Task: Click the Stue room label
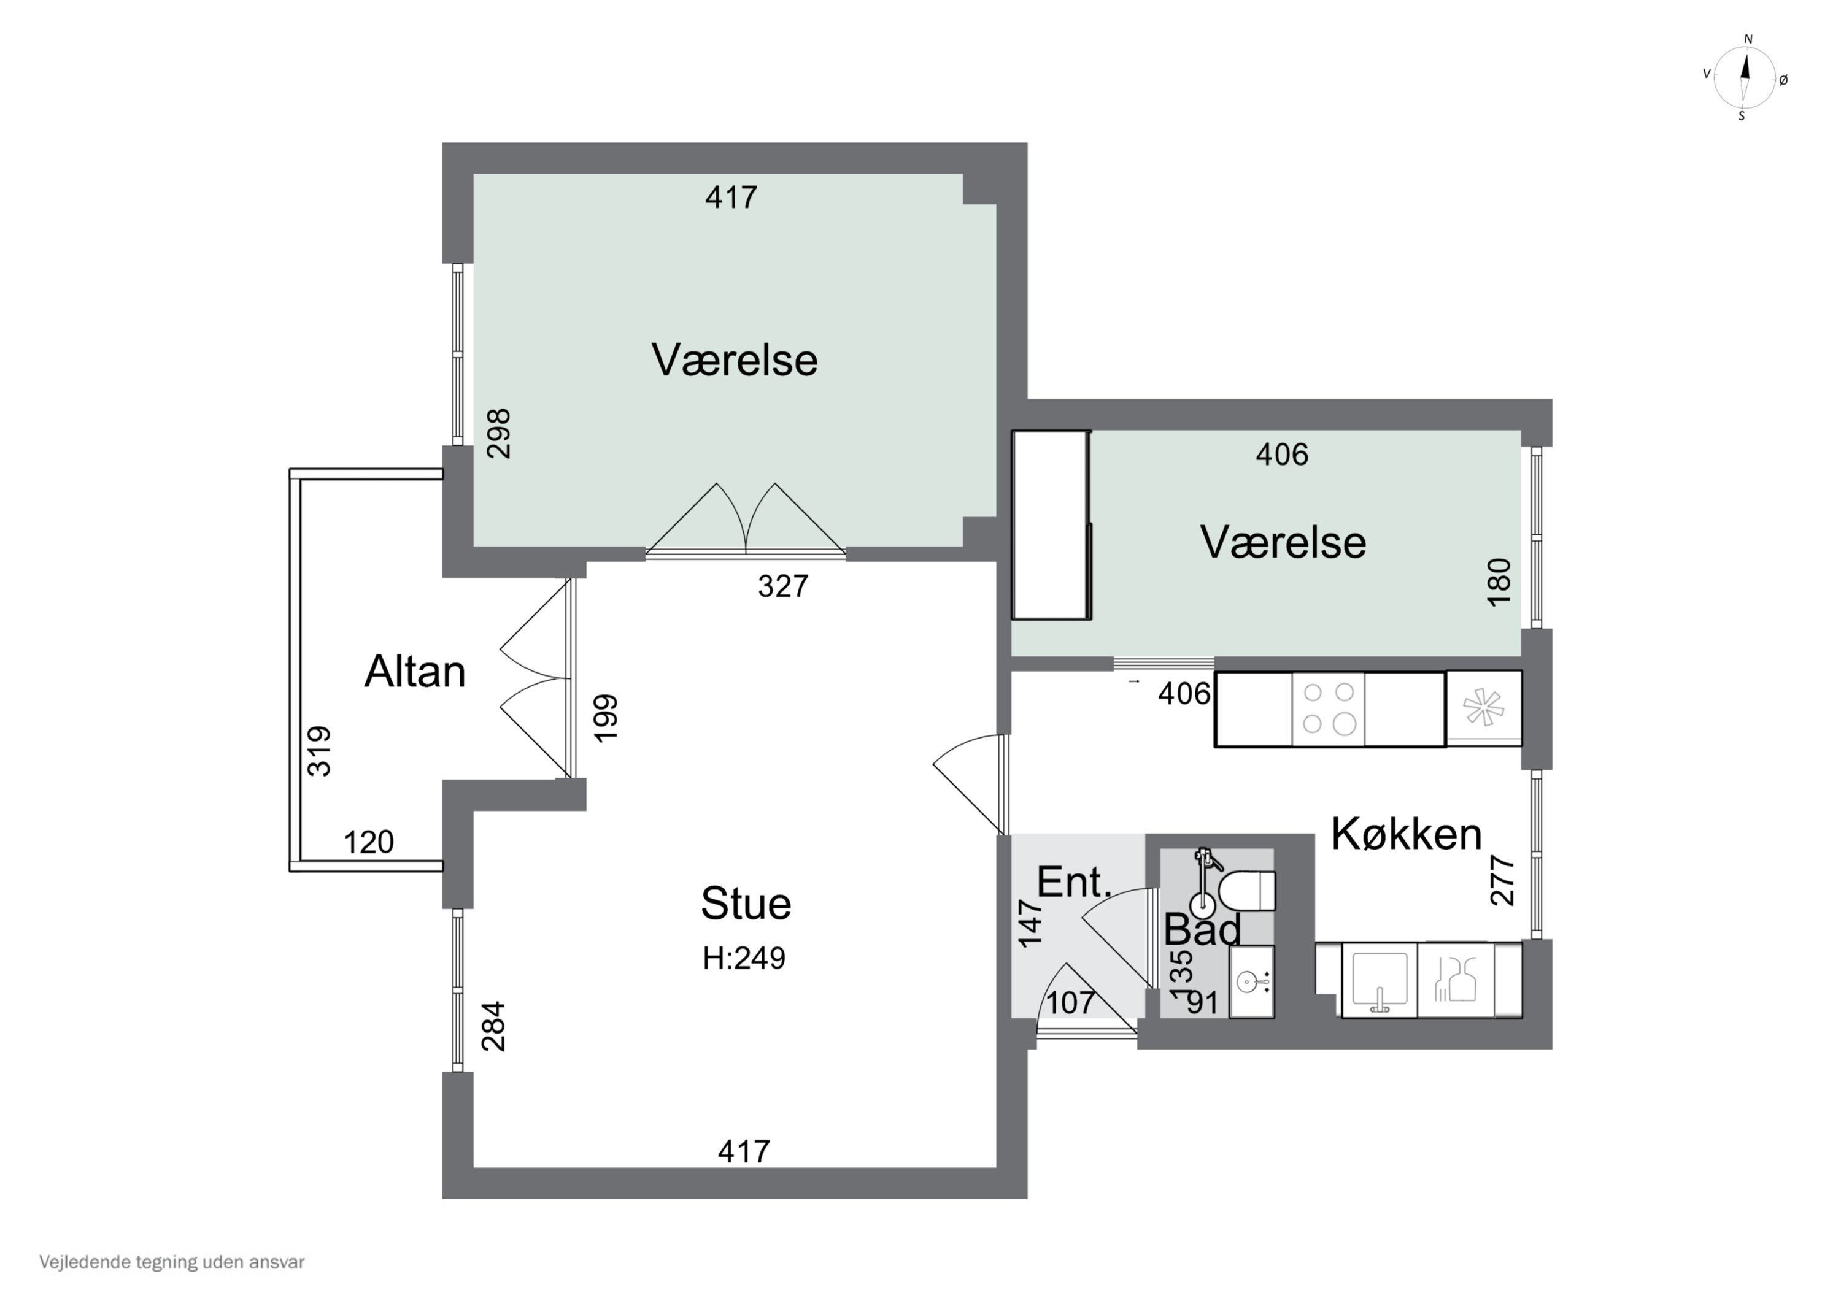coord(746,904)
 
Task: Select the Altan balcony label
coord(415,671)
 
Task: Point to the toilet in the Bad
coord(1247,891)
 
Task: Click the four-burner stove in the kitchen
coord(1328,708)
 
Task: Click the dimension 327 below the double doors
coord(782,586)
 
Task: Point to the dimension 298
coord(499,434)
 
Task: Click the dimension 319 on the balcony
coord(319,751)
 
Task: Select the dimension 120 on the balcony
coord(369,842)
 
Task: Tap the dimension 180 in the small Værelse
coord(1498,582)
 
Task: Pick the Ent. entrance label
coord(1074,883)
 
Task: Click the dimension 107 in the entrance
coord(1070,1002)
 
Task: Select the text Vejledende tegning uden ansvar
coord(172,1262)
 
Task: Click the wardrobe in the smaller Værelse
coord(1051,525)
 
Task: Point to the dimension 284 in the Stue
coord(493,1026)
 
